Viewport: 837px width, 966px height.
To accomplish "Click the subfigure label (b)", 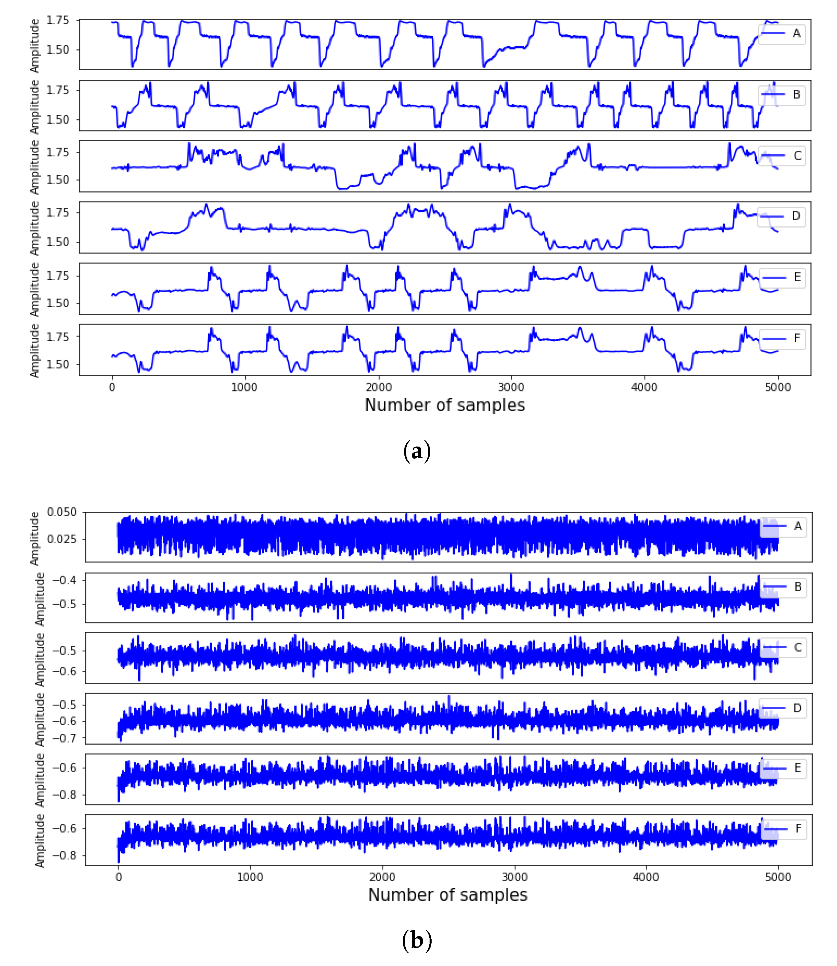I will click(416, 940).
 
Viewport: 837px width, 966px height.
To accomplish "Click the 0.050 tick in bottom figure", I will click(62, 512).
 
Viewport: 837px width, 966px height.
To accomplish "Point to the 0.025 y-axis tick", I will click(62, 539).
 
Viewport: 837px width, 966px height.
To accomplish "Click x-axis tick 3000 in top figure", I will click(511, 387).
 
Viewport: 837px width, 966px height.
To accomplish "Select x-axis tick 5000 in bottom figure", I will click(778, 877).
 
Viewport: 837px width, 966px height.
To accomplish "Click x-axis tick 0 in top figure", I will click(112, 387).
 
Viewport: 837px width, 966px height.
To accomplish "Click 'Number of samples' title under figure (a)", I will click(445, 405).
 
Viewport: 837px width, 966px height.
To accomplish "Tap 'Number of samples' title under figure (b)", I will click(447, 895).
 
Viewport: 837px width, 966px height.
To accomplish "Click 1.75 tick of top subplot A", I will click(58, 20).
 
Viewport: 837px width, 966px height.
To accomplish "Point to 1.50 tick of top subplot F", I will click(58, 364).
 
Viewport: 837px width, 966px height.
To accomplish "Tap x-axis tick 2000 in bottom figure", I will click(382, 877).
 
